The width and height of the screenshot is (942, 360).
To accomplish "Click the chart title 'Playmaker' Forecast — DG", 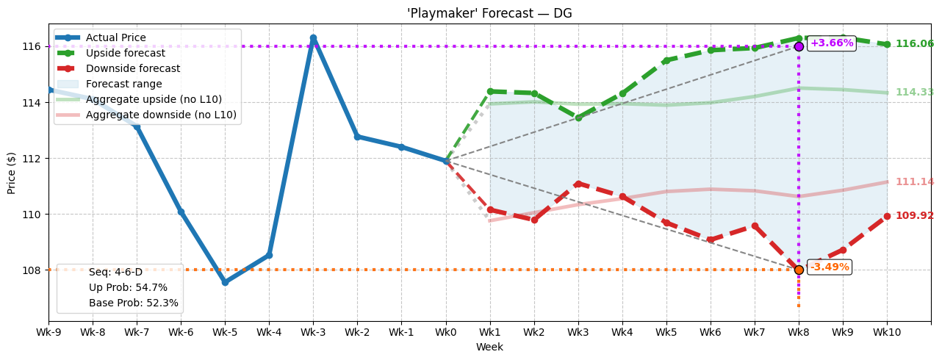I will [489, 13].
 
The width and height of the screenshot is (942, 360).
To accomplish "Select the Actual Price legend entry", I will [115, 37].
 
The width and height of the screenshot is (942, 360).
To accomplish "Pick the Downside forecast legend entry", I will [132, 68].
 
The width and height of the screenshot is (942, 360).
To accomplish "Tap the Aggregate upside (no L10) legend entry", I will [154, 99].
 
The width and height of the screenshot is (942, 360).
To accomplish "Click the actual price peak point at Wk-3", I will [313, 38].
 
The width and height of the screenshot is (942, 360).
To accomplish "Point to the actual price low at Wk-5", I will [225, 282].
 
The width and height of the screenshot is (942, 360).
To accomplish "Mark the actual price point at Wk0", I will [446, 161].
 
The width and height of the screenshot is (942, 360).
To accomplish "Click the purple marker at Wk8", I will [799, 46].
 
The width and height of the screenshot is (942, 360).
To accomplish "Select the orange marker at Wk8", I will [799, 270].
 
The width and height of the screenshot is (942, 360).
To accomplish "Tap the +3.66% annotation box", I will [832, 43].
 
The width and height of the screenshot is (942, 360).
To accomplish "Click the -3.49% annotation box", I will [829, 267].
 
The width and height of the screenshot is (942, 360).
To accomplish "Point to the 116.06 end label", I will [914, 44].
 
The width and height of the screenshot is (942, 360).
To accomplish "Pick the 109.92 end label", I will [914, 216].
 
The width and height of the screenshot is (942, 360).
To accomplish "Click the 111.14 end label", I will [914, 182].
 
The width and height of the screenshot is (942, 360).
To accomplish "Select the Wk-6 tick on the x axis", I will [181, 333].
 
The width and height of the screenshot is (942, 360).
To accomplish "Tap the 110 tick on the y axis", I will [32, 215].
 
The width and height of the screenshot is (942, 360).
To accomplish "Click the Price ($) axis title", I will [11, 172].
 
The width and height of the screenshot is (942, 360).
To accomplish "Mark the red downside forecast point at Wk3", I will [578, 184].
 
